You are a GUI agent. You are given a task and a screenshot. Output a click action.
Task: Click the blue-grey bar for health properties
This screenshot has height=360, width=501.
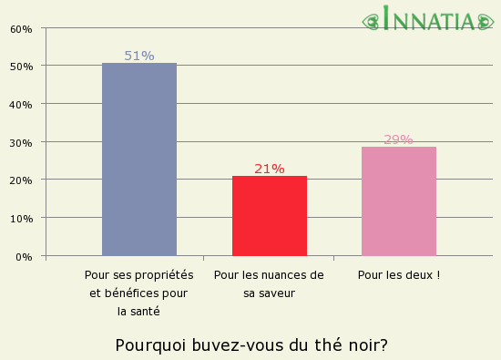click(x=139, y=159)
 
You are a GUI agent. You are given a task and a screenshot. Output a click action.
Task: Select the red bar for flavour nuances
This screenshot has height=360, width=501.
click(x=270, y=216)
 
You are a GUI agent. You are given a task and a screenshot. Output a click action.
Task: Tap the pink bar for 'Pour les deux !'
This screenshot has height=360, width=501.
click(x=399, y=201)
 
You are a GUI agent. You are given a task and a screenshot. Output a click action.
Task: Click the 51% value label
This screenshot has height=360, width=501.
click(x=139, y=56)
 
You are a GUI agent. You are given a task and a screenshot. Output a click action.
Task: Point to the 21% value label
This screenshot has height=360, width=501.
click(x=270, y=169)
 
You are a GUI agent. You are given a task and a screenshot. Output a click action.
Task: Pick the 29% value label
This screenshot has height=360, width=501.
click(x=398, y=139)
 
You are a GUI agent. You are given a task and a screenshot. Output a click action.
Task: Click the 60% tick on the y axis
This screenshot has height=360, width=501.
click(x=21, y=28)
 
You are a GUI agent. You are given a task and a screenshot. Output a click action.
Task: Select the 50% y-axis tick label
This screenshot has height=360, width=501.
click(x=21, y=67)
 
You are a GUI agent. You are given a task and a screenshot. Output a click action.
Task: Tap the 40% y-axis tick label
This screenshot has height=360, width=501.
click(x=21, y=104)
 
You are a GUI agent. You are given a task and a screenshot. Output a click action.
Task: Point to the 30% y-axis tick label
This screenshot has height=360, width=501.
click(x=21, y=142)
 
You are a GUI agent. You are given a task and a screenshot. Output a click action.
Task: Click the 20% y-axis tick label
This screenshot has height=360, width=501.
click(x=21, y=180)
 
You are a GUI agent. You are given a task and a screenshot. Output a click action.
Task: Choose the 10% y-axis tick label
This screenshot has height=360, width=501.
click(x=21, y=218)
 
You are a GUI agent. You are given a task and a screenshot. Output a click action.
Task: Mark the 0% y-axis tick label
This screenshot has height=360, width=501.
click(x=24, y=256)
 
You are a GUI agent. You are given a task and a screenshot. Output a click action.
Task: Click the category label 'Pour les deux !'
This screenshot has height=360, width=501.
click(x=399, y=274)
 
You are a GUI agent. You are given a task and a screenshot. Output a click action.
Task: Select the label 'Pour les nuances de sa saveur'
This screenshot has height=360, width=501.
click(x=269, y=283)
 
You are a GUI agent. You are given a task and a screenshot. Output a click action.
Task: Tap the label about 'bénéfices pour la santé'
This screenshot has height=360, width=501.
click(x=139, y=293)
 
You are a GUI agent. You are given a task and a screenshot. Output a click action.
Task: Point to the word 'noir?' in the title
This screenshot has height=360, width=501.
click(x=367, y=345)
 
